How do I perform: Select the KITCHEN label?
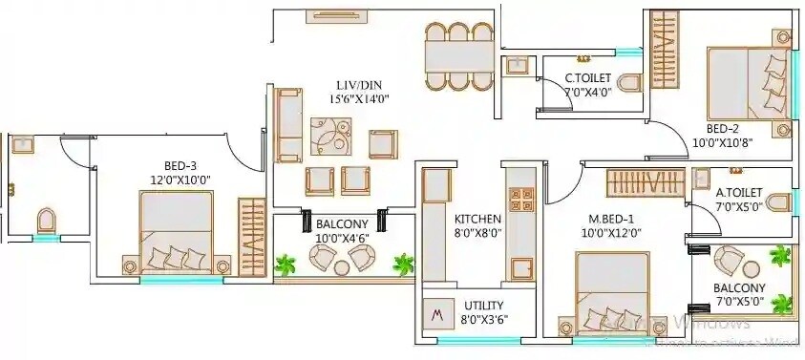(477, 219)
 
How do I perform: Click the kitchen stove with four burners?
(521, 200)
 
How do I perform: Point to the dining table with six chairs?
(459, 56)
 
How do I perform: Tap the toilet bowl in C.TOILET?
(628, 83)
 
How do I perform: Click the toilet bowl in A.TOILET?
(779, 201)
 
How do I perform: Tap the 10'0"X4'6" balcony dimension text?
(340, 239)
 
